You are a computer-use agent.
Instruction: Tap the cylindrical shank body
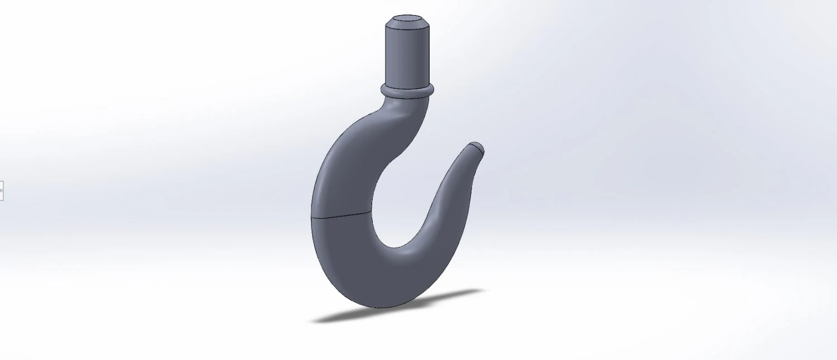407,56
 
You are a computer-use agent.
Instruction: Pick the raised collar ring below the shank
407,90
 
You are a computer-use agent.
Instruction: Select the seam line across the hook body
341,215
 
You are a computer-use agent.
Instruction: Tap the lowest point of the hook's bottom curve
385,306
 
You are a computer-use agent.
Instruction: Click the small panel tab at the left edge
2,190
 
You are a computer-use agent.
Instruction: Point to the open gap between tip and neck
435,151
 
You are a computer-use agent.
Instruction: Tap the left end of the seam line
311,217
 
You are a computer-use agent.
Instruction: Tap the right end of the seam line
371,212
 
